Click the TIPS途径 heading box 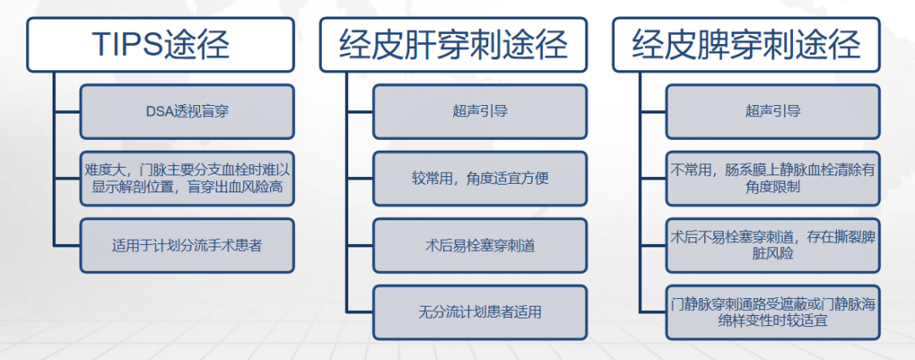160,45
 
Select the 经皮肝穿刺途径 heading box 453,45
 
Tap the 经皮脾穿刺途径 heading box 746,45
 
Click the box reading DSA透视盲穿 187,112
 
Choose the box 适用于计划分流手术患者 187,246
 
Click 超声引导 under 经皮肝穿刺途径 480,112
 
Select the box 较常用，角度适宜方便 480,179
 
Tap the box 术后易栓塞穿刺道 480,246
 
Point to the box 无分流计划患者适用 480,313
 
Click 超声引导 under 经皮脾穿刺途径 773,112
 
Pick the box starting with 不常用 773,179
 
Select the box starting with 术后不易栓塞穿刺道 773,246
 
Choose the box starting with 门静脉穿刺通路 773,313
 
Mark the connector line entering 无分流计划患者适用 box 360,313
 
